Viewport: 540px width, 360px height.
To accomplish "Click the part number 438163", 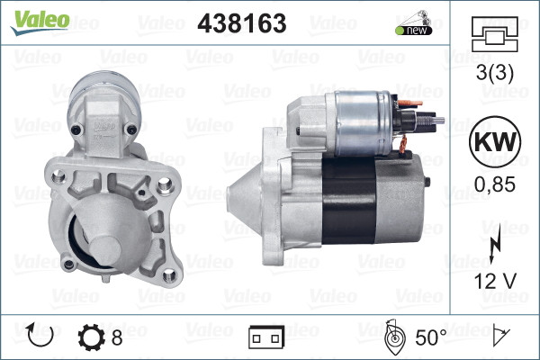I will tap(241, 23).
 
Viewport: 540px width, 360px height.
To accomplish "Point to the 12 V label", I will tap(494, 281).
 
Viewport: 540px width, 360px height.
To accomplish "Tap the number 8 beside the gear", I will tap(117, 338).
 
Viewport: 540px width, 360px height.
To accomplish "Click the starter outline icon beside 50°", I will tap(394, 337).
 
